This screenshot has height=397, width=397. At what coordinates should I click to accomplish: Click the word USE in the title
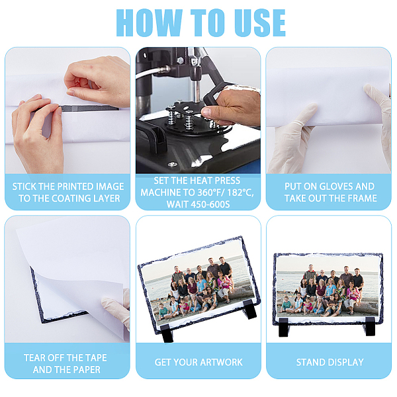pyautogui.click(x=260, y=22)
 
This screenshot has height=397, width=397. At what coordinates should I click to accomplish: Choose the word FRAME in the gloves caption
pyautogui.click(x=363, y=198)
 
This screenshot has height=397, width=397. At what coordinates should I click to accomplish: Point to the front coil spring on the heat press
pyautogui.click(x=189, y=120)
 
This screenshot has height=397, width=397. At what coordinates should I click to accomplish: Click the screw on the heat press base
pyautogui.click(x=173, y=164)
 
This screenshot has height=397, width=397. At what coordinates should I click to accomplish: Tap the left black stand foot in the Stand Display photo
pyautogui.click(x=284, y=328)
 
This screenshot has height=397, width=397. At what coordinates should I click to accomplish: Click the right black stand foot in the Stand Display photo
pyautogui.click(x=370, y=326)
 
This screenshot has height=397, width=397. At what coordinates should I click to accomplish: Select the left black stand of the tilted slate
pyautogui.click(x=167, y=333)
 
